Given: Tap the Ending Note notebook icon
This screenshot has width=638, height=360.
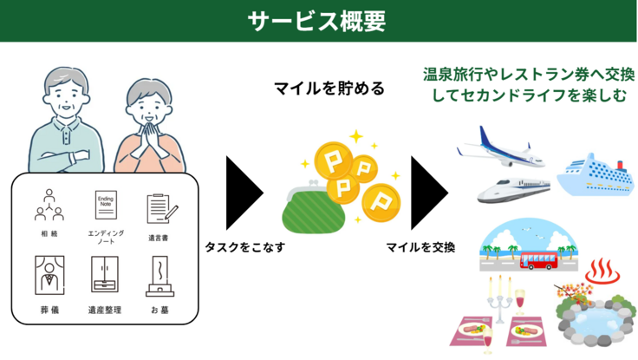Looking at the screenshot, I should (x=105, y=206).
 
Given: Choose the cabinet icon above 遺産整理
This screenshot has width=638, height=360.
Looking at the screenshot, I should (x=105, y=275).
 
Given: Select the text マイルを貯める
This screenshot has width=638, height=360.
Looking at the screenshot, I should (x=329, y=88).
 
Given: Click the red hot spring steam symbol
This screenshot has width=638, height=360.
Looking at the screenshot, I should (x=601, y=274).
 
